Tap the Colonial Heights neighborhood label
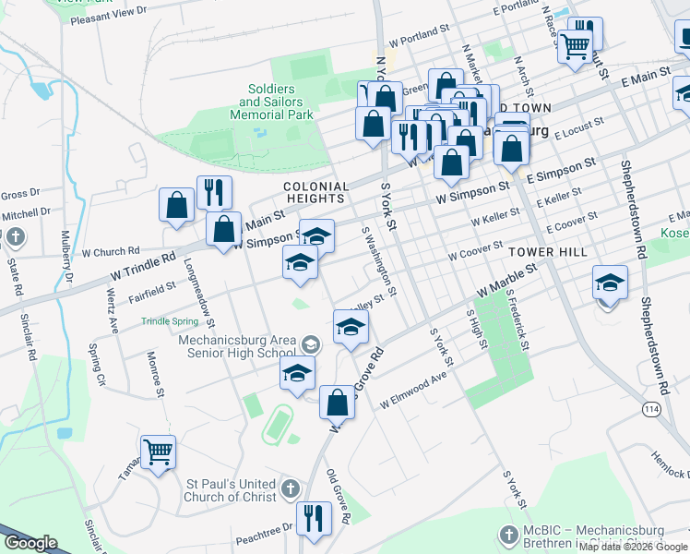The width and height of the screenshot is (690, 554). pyautogui.click(x=316, y=192)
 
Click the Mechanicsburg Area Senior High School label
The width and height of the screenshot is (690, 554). pyautogui.click(x=237, y=346)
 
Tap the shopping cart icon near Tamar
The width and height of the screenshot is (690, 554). pyautogui.click(x=159, y=452)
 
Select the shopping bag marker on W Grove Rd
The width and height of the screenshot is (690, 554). pyautogui.click(x=338, y=403)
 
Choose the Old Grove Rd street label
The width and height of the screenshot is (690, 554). pyautogui.click(x=338, y=496)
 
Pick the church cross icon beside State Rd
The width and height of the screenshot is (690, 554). pyautogui.click(x=15, y=238)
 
